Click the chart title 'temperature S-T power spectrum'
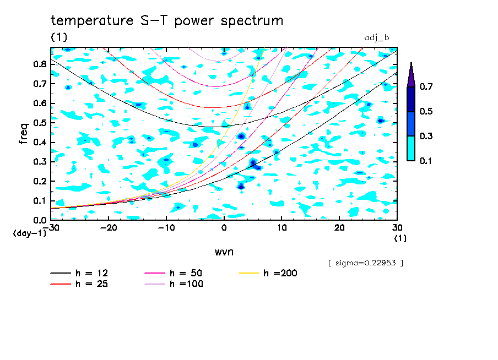[167, 21]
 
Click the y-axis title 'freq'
[24, 133]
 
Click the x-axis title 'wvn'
[224, 252]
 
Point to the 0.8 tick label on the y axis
[39, 64]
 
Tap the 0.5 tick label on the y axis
[39, 123]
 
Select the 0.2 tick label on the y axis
[39, 181]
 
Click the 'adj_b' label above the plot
[377, 37]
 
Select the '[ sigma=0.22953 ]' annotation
[365, 263]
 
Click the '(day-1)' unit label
[29, 233]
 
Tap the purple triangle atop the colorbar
[411, 75]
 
